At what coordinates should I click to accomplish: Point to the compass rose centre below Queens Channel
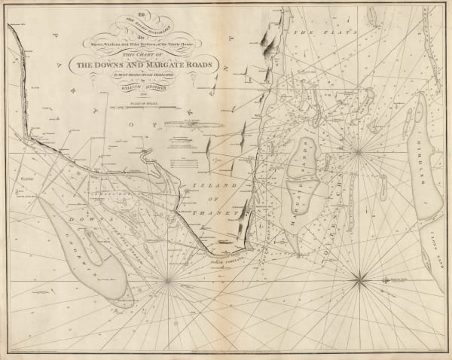coord(360,281)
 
